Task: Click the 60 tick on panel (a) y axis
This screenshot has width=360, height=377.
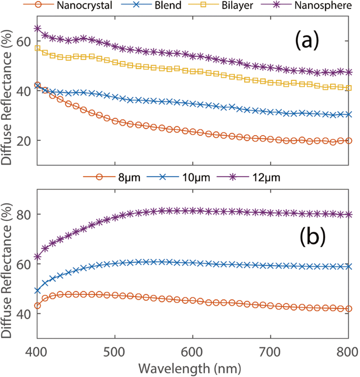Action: (23, 42)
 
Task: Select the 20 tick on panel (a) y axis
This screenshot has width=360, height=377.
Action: (23, 141)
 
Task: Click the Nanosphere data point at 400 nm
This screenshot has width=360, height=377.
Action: (37, 28)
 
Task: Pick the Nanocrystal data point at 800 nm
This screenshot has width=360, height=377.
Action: (348, 141)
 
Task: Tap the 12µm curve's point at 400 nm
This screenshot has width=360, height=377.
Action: (37, 257)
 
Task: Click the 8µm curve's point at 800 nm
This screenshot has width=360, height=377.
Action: (348, 309)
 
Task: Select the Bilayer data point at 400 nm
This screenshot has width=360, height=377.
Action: (37, 48)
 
